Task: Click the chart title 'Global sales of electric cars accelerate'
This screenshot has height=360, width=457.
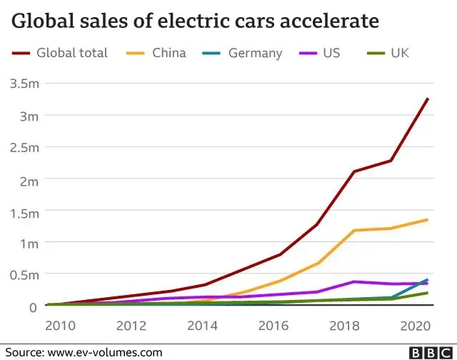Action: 194,21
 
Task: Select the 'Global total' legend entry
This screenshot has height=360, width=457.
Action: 72,53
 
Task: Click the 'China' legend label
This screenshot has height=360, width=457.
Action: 169,53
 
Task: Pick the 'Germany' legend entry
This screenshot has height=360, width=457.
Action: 255,53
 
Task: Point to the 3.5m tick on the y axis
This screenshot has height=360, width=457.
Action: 25,84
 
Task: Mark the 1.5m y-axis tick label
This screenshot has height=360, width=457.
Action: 25,211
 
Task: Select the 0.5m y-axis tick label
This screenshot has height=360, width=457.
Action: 25,275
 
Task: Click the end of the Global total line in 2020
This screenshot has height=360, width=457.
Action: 428,99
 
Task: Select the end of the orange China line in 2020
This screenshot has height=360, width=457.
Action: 428,219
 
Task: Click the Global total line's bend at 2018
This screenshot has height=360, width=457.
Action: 353,171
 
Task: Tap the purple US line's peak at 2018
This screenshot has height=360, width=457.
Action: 353,281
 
